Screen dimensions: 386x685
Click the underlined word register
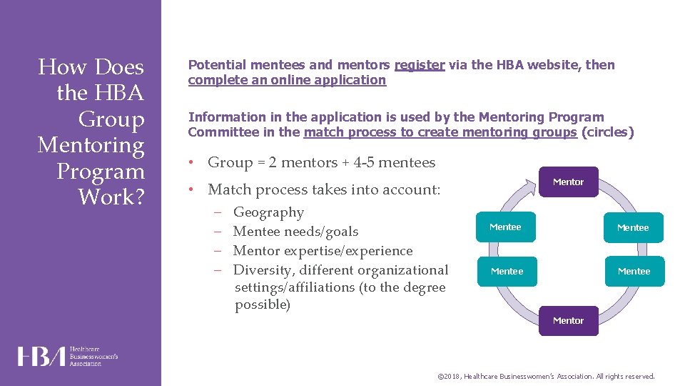pyautogui.click(x=420, y=65)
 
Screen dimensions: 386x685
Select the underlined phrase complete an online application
pyautogui.click(x=287, y=80)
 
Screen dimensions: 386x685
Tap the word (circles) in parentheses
pyautogui.click(x=607, y=132)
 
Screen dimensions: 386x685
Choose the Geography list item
pyautogui.click(x=268, y=212)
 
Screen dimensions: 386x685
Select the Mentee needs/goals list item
pyautogui.click(x=295, y=232)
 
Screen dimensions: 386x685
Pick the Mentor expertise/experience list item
pyautogui.click(x=323, y=251)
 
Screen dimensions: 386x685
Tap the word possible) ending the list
pyautogui.click(x=263, y=305)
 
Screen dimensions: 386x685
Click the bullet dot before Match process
pyautogui.click(x=193, y=190)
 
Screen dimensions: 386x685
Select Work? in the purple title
pyautogui.click(x=111, y=197)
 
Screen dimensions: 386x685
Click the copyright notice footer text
pyautogui.click(x=545, y=376)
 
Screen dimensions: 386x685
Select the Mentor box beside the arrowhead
pyautogui.click(x=568, y=182)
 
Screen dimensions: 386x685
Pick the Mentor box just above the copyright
pyautogui.click(x=568, y=321)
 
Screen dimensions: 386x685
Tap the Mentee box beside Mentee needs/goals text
pyautogui.click(x=505, y=227)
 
